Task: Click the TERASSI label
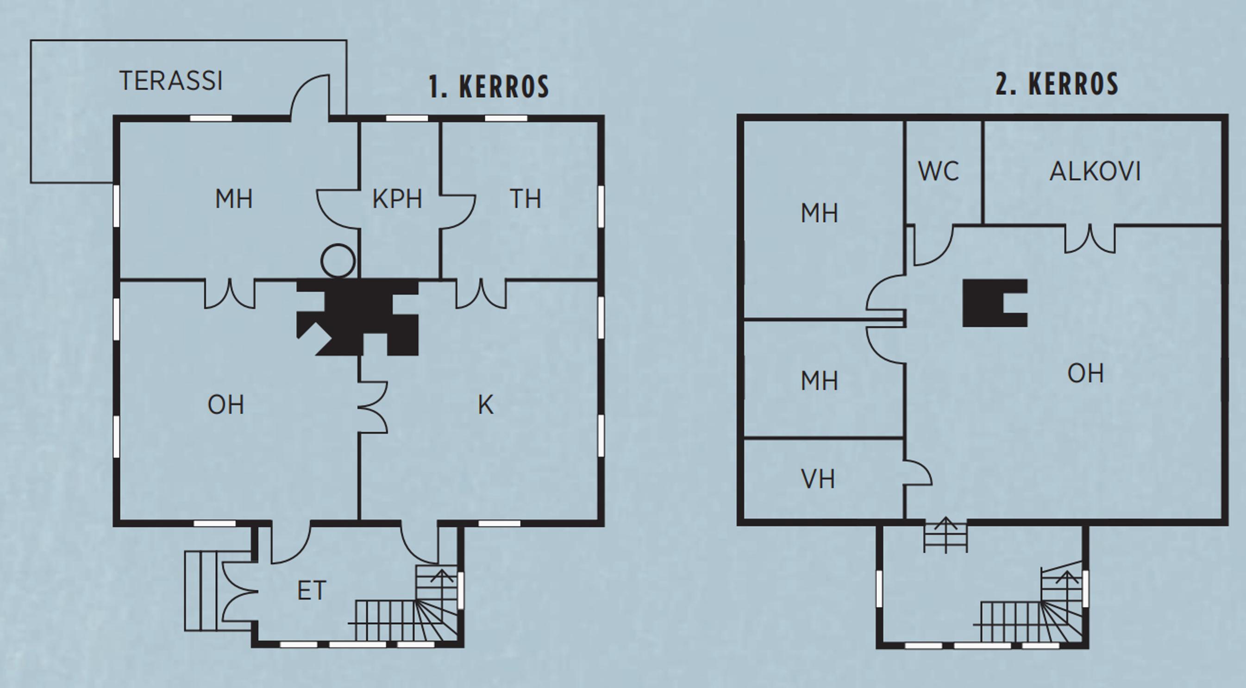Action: [x=171, y=81]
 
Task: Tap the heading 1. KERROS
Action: [x=489, y=87]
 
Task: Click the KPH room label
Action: [x=397, y=199]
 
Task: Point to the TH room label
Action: [x=525, y=199]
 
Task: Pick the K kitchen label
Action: [x=486, y=405]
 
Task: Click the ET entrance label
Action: [x=312, y=591]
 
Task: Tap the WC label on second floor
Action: [x=939, y=171]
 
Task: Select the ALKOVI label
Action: [x=1095, y=171]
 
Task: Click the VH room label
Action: [x=818, y=479]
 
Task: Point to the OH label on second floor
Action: [x=1086, y=373]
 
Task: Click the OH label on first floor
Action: [x=226, y=404]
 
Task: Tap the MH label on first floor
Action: [x=234, y=199]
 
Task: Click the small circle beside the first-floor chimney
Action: [x=338, y=261]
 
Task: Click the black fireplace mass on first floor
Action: [x=357, y=317]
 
